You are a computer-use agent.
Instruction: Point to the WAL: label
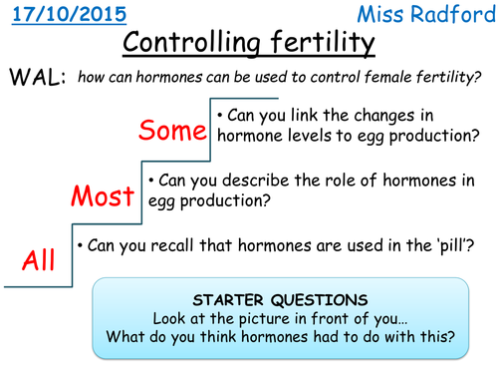[36, 79]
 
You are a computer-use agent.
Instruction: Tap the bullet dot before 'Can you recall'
[80, 244]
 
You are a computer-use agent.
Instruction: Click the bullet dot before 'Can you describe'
[150, 180]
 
